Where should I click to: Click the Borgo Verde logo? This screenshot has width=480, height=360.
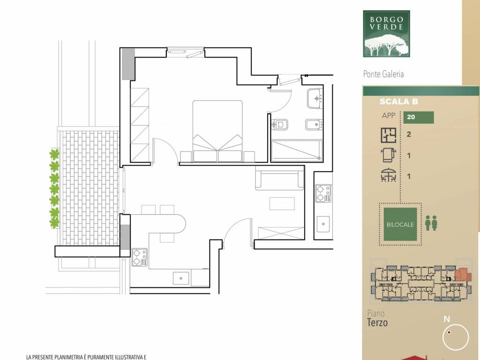[x=386, y=33]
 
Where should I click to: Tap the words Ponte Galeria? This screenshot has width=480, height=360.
[x=383, y=74]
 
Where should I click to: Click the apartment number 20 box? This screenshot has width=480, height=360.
[x=418, y=118]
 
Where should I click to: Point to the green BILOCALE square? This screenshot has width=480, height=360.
[x=400, y=225]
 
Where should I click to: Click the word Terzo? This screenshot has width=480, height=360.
[x=377, y=322]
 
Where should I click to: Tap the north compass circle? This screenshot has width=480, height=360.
[x=456, y=337]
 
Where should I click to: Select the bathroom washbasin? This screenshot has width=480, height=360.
[x=316, y=98]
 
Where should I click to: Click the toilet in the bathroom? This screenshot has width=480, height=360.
[x=279, y=125]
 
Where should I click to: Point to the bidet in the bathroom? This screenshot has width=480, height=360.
[x=313, y=125]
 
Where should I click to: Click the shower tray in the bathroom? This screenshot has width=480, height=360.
[x=297, y=151]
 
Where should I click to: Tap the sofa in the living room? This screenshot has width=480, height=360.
[x=279, y=180]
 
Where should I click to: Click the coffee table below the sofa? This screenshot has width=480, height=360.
[x=282, y=204]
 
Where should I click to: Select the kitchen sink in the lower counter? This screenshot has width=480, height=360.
[x=180, y=278]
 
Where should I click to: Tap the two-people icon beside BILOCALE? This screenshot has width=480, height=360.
[x=431, y=223]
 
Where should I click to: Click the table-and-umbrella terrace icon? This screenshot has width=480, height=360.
[x=389, y=176]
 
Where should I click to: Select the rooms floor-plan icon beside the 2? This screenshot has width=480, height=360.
[x=388, y=135]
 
